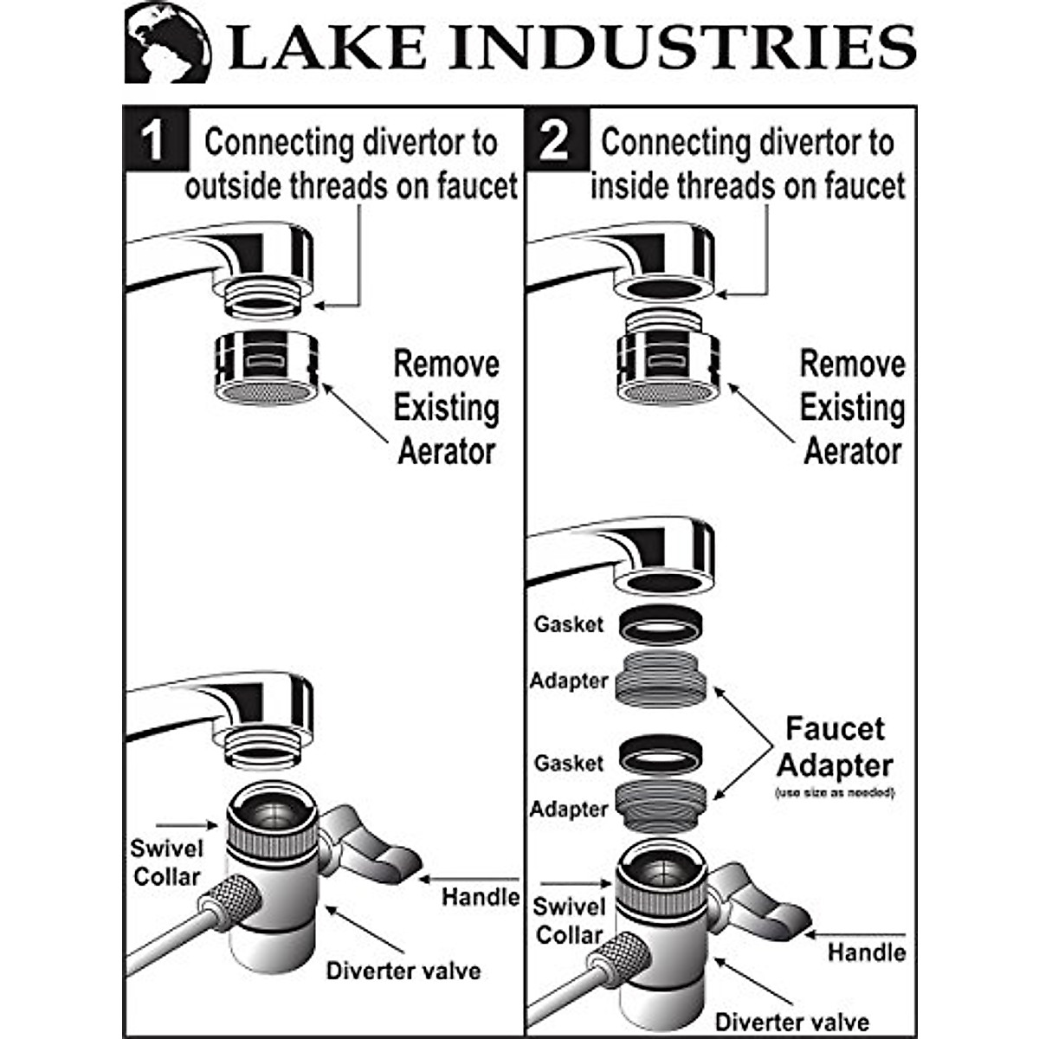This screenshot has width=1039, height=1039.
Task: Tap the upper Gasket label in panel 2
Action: click(x=568, y=624)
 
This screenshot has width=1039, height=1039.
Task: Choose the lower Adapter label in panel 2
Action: click(x=569, y=809)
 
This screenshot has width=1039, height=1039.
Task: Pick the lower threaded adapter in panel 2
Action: click(x=661, y=805)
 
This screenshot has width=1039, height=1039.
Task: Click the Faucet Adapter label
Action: click(x=835, y=747)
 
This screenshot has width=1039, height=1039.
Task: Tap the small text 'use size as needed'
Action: click(x=834, y=793)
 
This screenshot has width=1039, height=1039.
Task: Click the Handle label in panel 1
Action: click(x=480, y=897)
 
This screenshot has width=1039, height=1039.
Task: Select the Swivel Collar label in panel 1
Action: click(x=166, y=862)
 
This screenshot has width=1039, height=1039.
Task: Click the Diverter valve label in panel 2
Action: click(x=791, y=1023)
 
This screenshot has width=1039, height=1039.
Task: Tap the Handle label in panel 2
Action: click(x=866, y=952)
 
